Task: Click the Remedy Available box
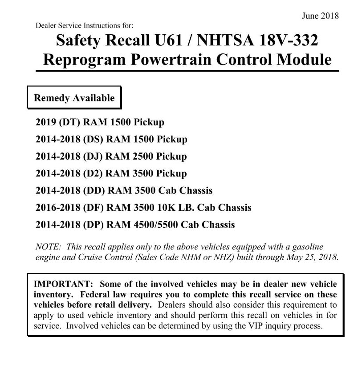(x=74, y=98)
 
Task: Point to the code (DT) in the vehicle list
(x=68, y=122)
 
